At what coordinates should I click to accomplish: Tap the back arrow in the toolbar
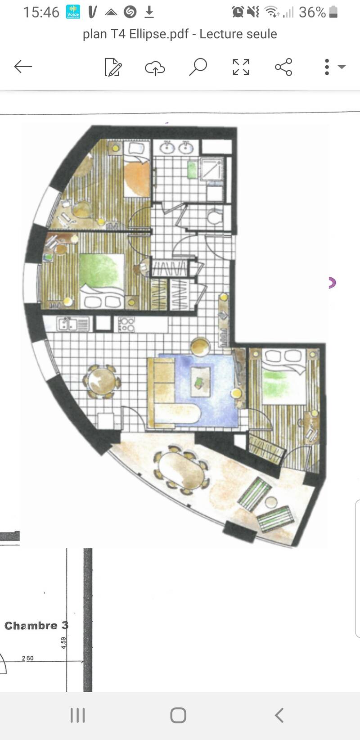point(23,67)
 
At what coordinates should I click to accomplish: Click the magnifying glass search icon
point(198,67)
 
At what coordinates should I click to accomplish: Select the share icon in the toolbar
point(283,67)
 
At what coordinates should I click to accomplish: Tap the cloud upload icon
point(155,68)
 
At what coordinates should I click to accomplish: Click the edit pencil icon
point(113,67)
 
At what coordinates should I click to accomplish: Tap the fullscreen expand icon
point(241,67)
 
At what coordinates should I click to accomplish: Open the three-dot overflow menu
point(327,67)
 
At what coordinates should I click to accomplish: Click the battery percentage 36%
point(312,13)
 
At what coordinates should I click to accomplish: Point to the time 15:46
point(41,13)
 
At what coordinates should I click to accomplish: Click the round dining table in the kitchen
point(102,381)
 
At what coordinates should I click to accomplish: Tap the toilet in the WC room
point(214,217)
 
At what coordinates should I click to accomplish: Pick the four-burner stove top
point(126,324)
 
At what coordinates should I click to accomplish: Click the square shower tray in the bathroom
point(212,168)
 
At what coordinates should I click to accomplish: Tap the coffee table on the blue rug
point(201,381)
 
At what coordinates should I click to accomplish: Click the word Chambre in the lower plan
point(31,625)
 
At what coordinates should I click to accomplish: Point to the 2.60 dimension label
point(28,658)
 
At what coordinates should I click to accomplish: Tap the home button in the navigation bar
point(178,715)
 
